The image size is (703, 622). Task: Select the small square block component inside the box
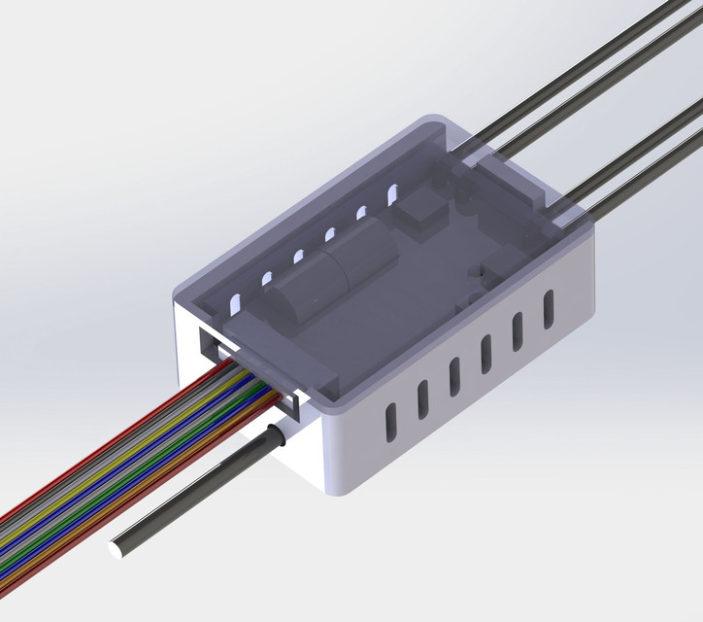point(418,211)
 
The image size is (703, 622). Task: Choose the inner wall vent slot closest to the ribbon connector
point(233,302)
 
